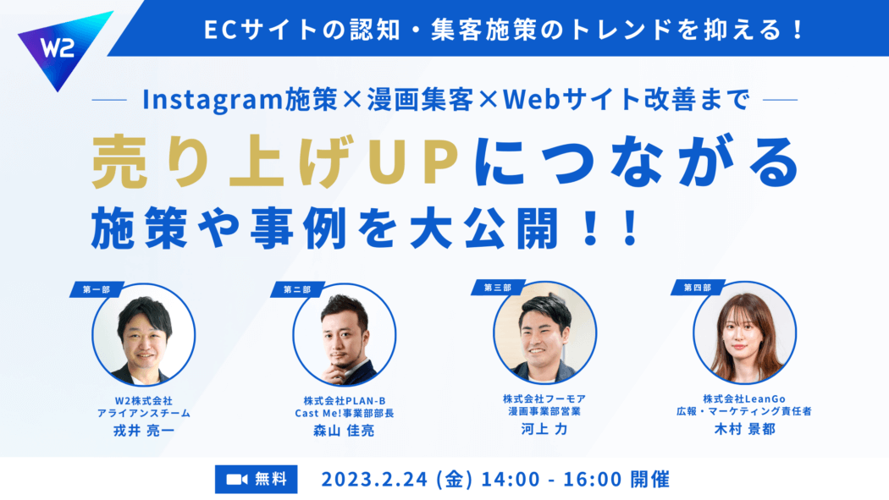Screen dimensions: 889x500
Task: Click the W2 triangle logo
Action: click(61, 48)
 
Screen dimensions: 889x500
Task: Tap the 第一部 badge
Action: click(96, 289)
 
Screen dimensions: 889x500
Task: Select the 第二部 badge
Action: click(297, 289)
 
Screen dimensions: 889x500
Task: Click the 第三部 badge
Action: click(497, 288)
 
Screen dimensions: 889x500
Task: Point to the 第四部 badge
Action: click(698, 288)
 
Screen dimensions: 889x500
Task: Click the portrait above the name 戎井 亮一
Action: click(144, 335)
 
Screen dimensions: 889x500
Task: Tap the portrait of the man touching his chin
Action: click(345, 335)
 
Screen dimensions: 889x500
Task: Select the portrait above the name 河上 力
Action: click(545, 333)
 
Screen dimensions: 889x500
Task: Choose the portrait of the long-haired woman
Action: click(745, 333)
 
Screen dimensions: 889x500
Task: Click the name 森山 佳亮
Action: click(344, 431)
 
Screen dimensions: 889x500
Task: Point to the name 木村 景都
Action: click(744, 429)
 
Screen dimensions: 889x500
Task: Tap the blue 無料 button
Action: click(257, 479)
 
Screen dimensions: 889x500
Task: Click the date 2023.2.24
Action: click(374, 480)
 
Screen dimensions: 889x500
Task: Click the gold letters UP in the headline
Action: click(413, 162)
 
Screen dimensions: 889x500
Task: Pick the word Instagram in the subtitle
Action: click(213, 100)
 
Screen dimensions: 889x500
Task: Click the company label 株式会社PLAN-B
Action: click(344, 401)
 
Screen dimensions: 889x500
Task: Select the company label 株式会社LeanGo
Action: click(744, 398)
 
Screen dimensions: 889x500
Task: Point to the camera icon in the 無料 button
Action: click(237, 480)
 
